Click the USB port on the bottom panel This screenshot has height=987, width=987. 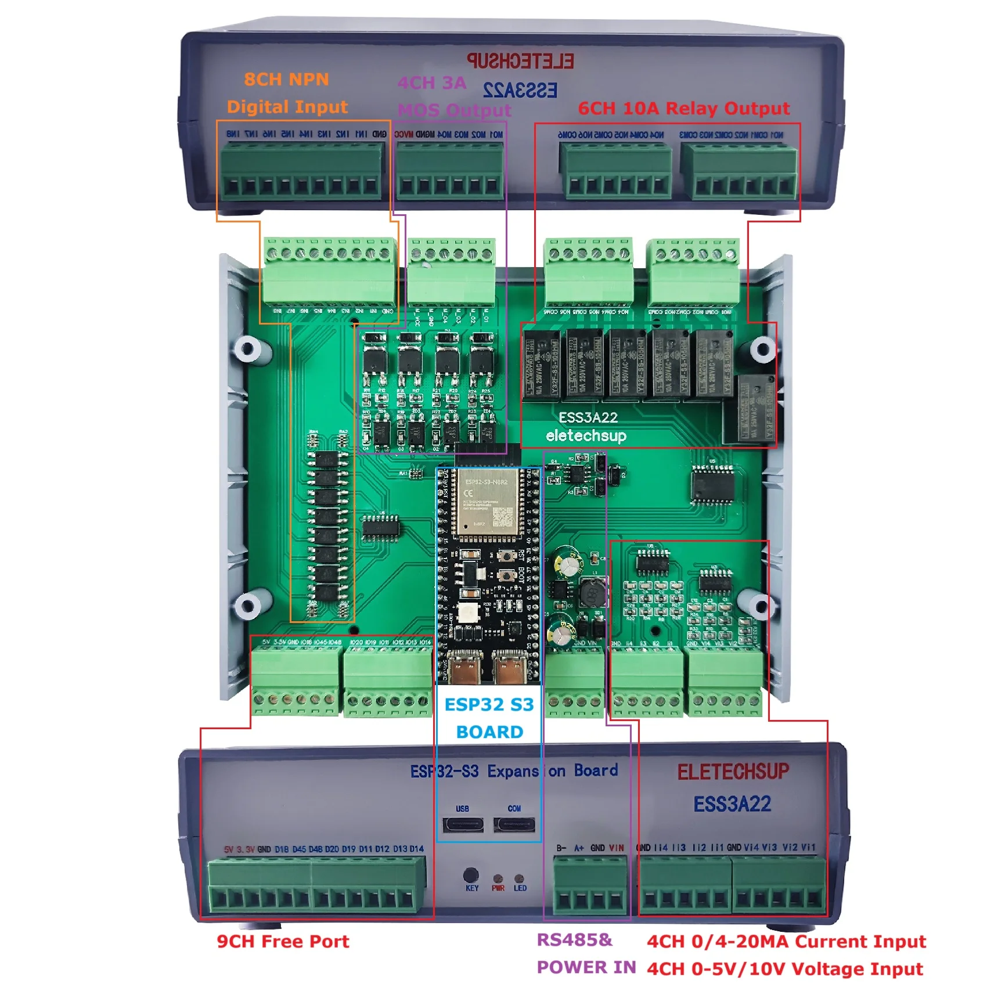[x=463, y=824]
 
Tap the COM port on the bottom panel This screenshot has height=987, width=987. [x=514, y=824]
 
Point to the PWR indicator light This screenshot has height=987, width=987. [x=498, y=879]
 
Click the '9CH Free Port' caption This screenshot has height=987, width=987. [x=283, y=942]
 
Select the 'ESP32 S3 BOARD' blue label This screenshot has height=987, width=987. [x=489, y=718]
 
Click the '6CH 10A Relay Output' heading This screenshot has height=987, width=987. [x=683, y=109]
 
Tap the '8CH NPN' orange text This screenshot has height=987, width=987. [x=286, y=80]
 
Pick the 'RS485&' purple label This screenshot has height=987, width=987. [x=574, y=940]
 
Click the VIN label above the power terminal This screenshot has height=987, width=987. [x=616, y=848]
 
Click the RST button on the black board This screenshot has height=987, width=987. [x=507, y=556]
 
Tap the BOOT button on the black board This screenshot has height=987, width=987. [x=507, y=576]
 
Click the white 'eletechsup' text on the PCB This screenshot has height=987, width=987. [x=586, y=436]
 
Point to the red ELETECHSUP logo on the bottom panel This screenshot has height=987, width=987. [x=733, y=772]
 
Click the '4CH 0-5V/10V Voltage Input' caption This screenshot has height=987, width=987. [x=784, y=969]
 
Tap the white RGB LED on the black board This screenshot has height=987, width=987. [x=468, y=611]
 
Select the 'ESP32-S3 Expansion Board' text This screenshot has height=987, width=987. [x=513, y=771]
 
